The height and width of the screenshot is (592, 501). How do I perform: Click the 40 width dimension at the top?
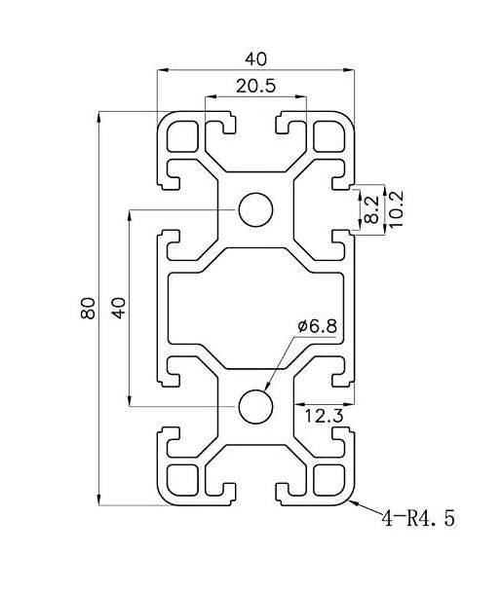click(x=256, y=58)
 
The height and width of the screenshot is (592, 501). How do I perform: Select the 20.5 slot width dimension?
click(x=255, y=86)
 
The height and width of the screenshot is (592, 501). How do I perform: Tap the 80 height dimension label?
click(x=89, y=310)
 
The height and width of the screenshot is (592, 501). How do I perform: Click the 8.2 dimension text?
click(x=371, y=208)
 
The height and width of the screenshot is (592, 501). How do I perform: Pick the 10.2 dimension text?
click(x=394, y=208)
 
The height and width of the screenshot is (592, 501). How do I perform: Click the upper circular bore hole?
click(x=256, y=209)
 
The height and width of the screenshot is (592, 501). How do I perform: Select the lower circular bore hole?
click(x=256, y=405)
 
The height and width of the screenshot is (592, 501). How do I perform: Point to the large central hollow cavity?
click(x=256, y=308)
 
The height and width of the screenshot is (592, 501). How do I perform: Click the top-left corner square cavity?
click(x=182, y=136)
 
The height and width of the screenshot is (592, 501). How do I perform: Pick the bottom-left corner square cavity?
click(x=182, y=479)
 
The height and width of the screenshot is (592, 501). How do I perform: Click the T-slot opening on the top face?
click(x=256, y=123)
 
